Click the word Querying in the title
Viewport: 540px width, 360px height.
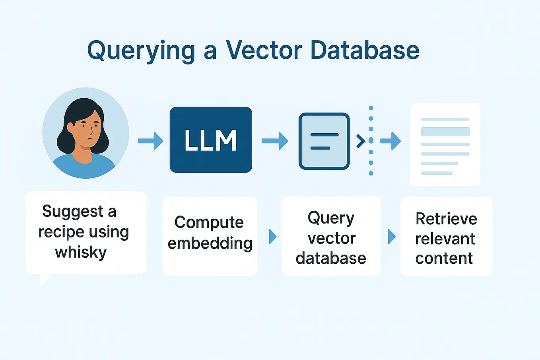[x=141, y=51]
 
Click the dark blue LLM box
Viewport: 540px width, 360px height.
[x=211, y=140]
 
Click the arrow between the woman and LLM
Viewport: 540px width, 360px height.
[x=150, y=141]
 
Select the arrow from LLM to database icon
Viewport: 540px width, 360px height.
[x=275, y=141]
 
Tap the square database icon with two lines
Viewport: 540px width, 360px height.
[x=324, y=141]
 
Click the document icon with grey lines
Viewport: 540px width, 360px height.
[x=445, y=144]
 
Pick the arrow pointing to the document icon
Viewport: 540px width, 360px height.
[x=390, y=141]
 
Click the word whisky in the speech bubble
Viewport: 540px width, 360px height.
[x=81, y=252]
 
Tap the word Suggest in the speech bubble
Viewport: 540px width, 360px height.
[x=73, y=211]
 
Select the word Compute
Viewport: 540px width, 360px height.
[x=209, y=222]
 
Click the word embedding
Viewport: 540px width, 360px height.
[x=210, y=243]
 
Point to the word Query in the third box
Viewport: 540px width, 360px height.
[x=331, y=218]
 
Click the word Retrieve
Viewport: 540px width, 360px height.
[x=446, y=219]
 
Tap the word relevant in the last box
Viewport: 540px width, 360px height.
[x=445, y=239]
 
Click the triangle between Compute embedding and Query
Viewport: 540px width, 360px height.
[x=272, y=237]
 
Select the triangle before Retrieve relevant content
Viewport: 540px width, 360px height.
[x=392, y=237]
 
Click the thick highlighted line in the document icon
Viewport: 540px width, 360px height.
[x=445, y=132]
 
